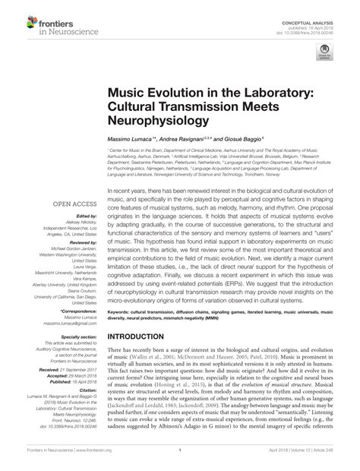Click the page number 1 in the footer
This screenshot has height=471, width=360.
[179, 460]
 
